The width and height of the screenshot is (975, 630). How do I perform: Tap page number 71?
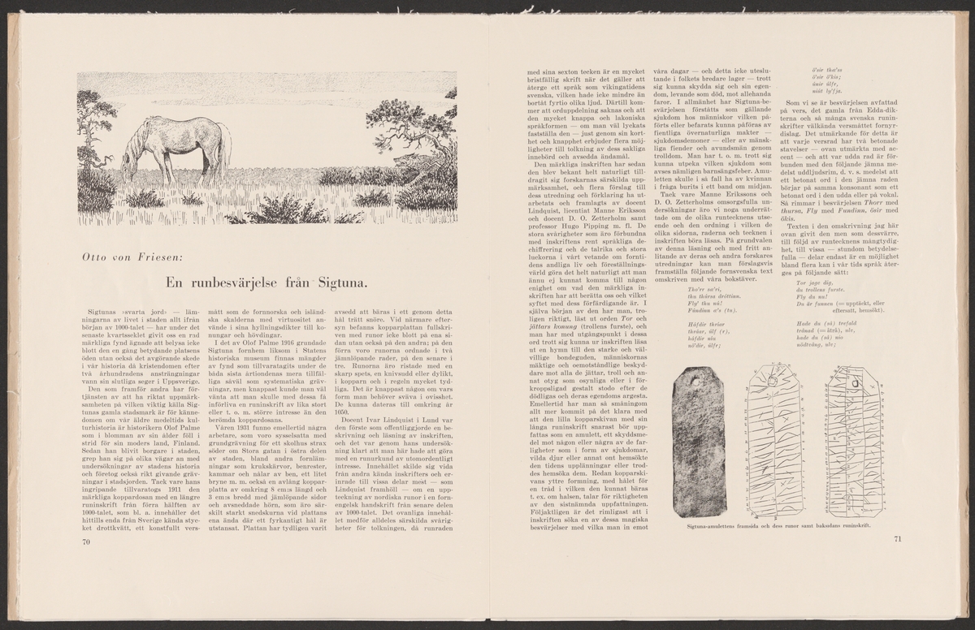[897, 537]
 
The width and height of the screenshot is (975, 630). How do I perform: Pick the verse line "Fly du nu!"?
[815, 296]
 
